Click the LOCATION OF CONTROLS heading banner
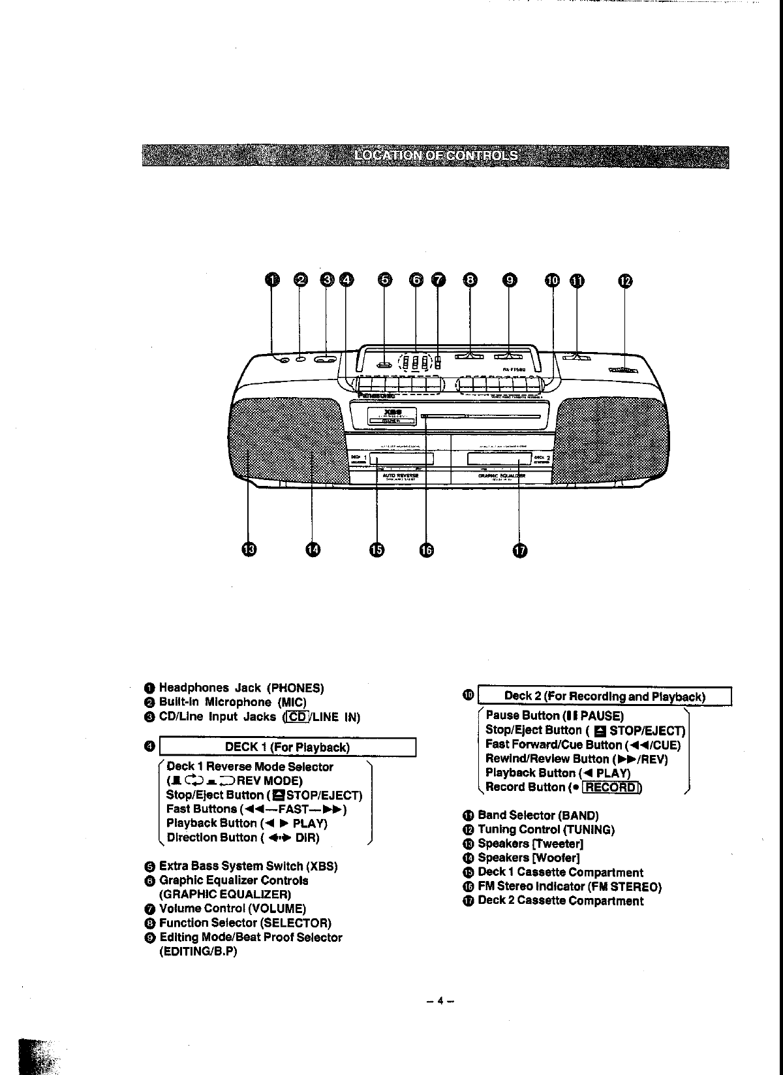(x=435, y=157)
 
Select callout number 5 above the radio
(x=386, y=280)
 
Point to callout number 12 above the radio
(x=625, y=281)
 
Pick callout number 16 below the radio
(x=425, y=551)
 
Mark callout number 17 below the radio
(x=519, y=551)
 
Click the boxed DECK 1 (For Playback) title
(x=287, y=747)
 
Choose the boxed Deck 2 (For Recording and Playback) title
(x=605, y=696)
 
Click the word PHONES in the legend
(x=297, y=688)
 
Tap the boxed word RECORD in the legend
(x=611, y=787)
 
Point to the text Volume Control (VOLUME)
(x=232, y=908)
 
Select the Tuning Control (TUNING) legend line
(x=546, y=829)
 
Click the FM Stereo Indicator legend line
(x=569, y=887)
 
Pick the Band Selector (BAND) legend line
(x=538, y=815)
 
